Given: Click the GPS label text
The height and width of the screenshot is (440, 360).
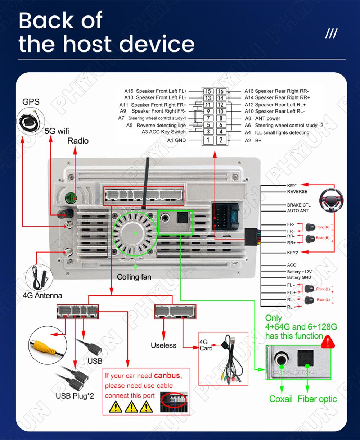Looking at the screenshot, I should (31, 102).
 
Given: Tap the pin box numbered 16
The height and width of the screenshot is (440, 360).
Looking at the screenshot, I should (221, 91).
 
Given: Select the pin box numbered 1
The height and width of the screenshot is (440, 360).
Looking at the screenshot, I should (208, 140).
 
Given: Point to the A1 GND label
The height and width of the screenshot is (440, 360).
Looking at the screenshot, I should (176, 140).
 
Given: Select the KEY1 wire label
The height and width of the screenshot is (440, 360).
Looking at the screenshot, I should (292, 186).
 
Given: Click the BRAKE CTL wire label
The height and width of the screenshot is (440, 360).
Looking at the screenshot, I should (298, 205).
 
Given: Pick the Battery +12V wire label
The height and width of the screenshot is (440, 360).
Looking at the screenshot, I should (299, 272).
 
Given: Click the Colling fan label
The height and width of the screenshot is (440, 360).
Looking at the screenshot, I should (134, 277).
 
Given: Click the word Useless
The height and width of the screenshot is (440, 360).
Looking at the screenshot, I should (163, 345).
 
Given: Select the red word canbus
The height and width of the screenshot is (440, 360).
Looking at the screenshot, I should (168, 376).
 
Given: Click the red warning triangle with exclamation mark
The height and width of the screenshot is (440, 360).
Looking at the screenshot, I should (328, 342).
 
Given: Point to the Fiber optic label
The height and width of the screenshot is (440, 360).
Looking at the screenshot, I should (317, 399).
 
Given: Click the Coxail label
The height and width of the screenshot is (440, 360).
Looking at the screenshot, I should (281, 399).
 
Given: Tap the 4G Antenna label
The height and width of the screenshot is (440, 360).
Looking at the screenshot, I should (42, 296).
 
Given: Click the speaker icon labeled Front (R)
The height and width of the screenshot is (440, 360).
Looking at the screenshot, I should (310, 227).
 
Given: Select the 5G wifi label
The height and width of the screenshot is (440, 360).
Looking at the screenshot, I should (57, 131).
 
